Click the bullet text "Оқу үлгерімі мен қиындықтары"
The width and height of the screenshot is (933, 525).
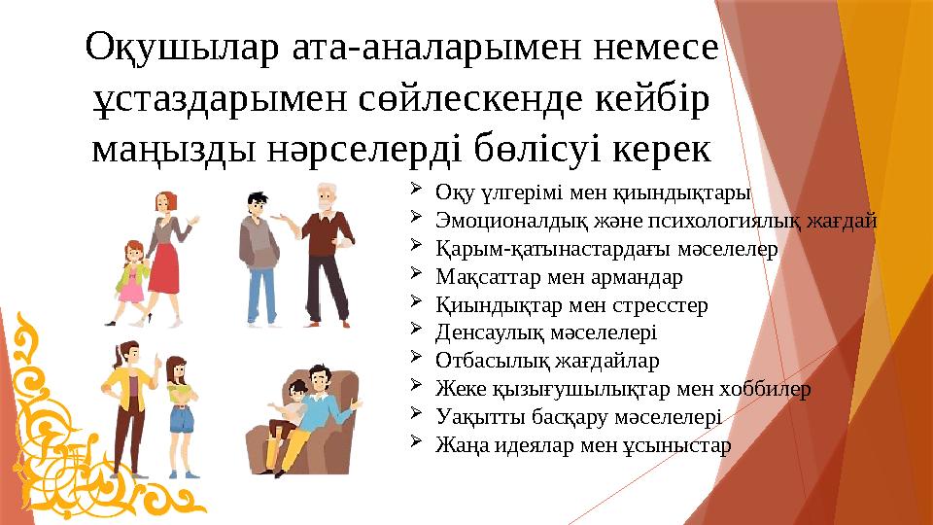(x=593, y=192)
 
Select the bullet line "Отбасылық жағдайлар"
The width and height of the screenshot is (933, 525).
(x=548, y=361)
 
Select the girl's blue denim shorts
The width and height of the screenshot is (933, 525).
(x=180, y=420)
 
